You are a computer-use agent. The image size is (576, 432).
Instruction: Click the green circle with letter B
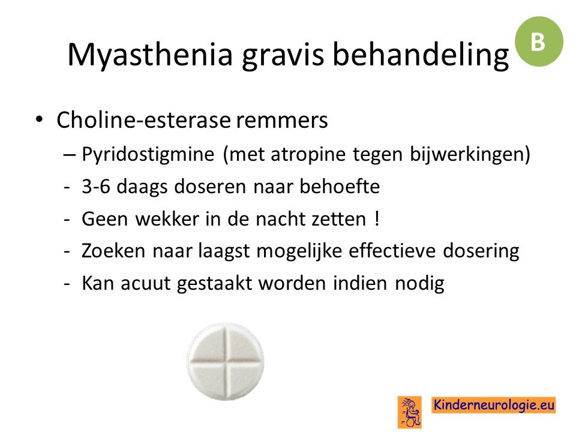coord(539,41)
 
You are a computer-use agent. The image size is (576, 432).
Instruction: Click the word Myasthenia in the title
coord(150,55)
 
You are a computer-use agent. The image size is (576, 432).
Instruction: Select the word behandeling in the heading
coord(421,55)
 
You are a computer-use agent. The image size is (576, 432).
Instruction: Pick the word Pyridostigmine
coord(148,154)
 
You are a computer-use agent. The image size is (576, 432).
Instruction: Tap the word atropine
coord(308,155)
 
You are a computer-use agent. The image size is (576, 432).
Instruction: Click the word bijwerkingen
coord(467,154)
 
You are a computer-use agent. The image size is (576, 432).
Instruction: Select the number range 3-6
coord(96,187)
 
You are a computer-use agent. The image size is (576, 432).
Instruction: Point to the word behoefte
coord(340,186)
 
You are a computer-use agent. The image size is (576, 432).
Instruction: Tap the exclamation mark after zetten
coord(377,219)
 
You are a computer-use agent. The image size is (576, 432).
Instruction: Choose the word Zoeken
coord(113,251)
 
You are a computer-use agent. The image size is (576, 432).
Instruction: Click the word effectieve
coord(392,251)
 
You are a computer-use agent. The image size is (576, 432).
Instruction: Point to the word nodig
coord(419,284)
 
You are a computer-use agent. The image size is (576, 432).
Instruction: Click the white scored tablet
coord(226,361)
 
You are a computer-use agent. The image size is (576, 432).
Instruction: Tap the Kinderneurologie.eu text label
coord(493,405)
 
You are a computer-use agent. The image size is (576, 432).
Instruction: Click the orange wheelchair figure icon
coord(410,412)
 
